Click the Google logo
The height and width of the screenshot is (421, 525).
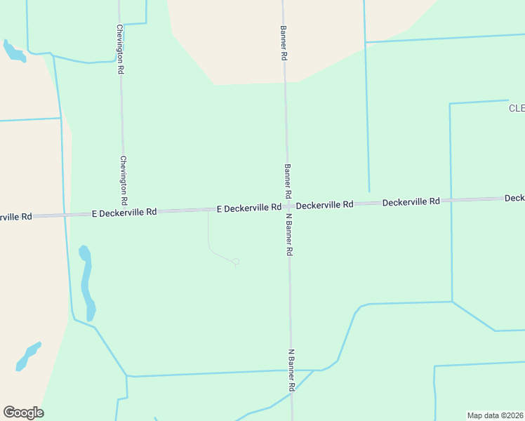[x=23, y=413]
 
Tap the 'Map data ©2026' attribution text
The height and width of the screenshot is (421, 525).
[x=495, y=415]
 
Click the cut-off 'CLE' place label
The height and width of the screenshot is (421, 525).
[x=517, y=108]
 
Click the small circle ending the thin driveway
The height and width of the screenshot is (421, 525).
[x=236, y=262]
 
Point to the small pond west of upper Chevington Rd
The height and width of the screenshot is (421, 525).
[x=13, y=51]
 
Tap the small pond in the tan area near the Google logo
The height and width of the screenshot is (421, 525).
[x=28, y=356]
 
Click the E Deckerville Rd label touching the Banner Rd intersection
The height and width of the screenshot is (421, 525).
[x=248, y=208]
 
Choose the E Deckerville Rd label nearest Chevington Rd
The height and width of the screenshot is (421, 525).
[x=124, y=211]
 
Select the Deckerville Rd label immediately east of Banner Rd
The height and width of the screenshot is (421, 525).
[x=324, y=205]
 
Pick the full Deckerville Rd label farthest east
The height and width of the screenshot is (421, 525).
[x=411, y=201]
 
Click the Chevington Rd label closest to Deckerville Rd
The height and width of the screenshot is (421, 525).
[x=123, y=180]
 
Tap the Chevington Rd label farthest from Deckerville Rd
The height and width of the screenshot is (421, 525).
[x=121, y=51]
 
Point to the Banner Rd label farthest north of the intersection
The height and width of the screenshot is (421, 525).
[x=284, y=43]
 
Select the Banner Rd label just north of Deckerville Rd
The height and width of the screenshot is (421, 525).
[x=287, y=180]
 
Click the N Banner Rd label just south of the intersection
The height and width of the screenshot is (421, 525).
[x=289, y=234]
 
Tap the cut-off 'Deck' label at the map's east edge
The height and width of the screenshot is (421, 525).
[x=514, y=199]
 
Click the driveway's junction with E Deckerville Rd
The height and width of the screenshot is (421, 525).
[x=208, y=210]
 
